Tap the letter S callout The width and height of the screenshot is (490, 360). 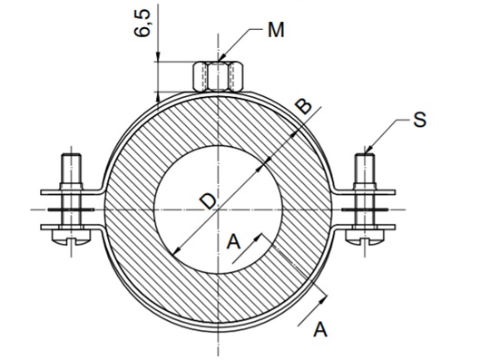click(418, 119)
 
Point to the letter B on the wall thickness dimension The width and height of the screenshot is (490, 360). click(305, 107)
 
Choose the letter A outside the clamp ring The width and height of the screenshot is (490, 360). click(319, 329)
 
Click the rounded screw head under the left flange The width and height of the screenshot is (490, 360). click(69, 238)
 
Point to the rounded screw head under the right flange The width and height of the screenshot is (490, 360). click(365, 238)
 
